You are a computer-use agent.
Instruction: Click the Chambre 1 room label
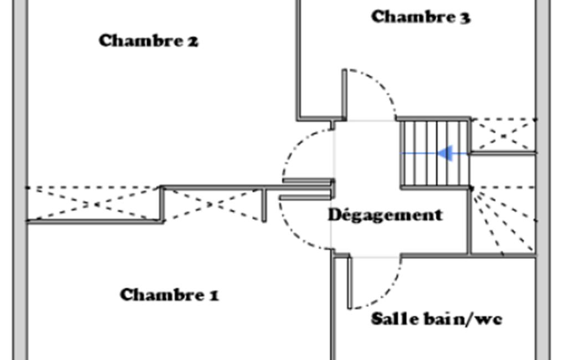coord(169,295)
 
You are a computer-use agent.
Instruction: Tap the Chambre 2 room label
coord(149,40)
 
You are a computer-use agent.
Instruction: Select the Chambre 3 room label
coord(421,17)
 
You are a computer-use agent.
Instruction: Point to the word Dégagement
coord(385,215)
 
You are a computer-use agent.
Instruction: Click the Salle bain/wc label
coord(437,318)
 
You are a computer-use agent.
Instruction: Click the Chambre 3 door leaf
coord(344,94)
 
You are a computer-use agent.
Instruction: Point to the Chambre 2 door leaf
coord(308,181)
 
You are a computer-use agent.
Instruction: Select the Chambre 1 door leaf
coord(305,197)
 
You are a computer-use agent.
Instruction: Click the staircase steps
coord(435,153)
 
